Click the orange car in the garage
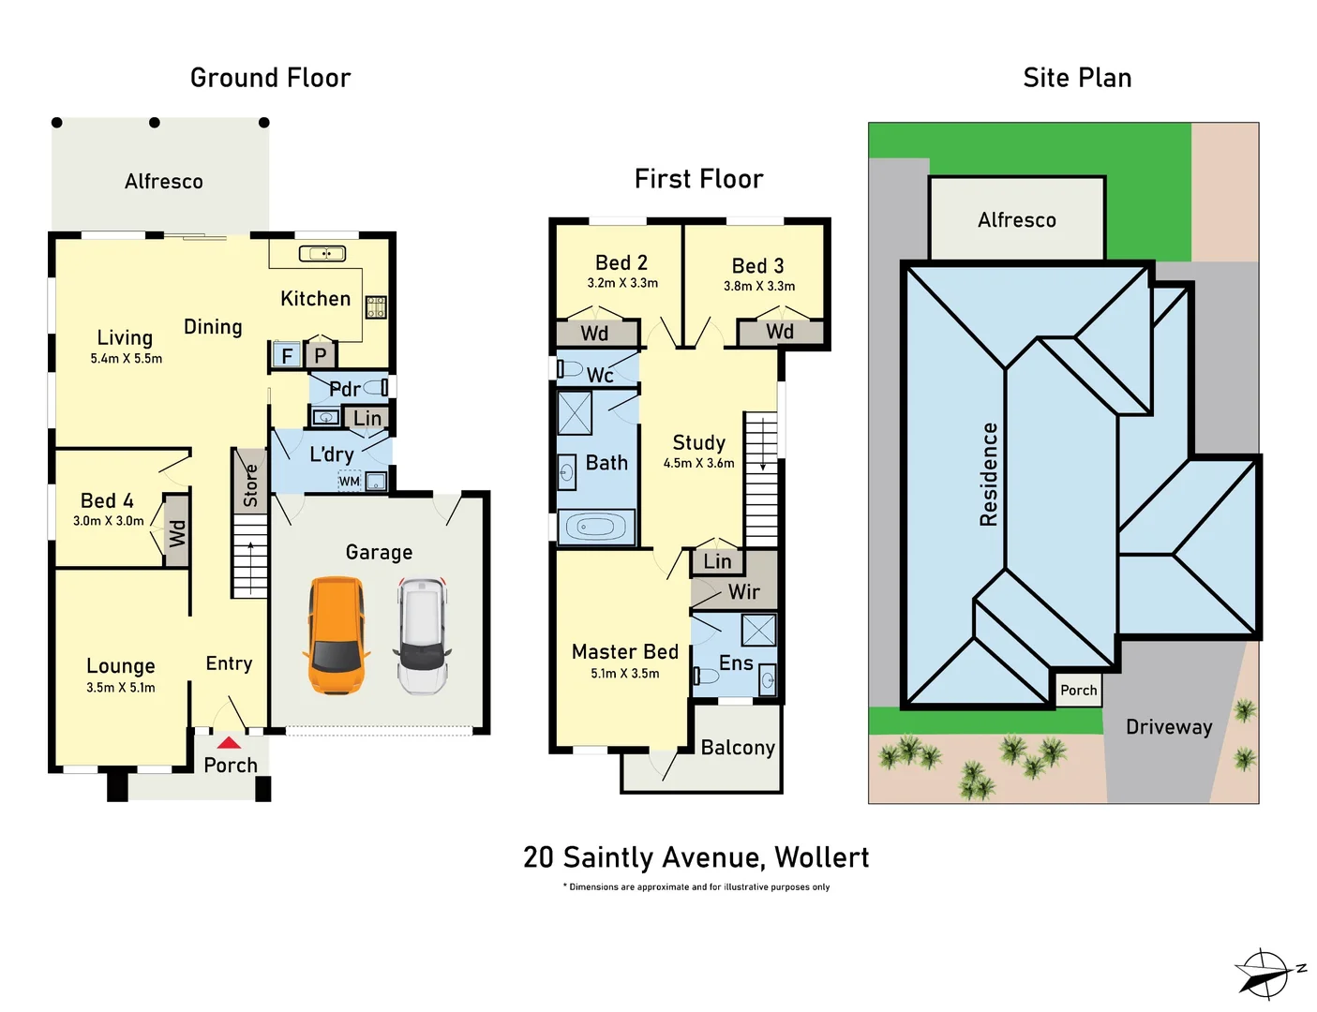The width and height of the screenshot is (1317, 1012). pos(337,635)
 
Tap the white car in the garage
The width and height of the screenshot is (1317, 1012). pos(423,636)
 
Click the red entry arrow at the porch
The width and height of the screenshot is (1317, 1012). pos(229,742)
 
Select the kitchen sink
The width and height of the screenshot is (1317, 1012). pos(322,253)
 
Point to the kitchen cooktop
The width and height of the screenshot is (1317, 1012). pos(376,307)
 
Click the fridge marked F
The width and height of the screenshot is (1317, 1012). pos(287,355)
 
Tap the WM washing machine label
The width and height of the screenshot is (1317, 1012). pos(349,482)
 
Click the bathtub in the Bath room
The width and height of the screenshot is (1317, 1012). pos(596,527)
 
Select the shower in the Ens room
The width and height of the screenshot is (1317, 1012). pos(758,631)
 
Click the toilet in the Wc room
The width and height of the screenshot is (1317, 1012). pos(569,368)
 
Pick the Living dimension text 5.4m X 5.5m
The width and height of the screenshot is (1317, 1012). pos(126,359)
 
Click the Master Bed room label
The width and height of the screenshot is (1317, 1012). pos(625,651)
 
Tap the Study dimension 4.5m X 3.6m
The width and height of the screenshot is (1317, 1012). pos(698,463)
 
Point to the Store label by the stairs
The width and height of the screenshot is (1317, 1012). pos(250,485)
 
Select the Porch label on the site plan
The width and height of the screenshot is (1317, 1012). pos(1078,690)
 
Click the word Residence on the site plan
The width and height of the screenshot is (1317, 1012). pos(989,474)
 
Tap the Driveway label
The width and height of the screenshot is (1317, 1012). pos(1169,727)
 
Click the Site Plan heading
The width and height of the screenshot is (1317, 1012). pos(1077,78)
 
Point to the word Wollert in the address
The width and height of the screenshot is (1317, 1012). pos(822,857)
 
